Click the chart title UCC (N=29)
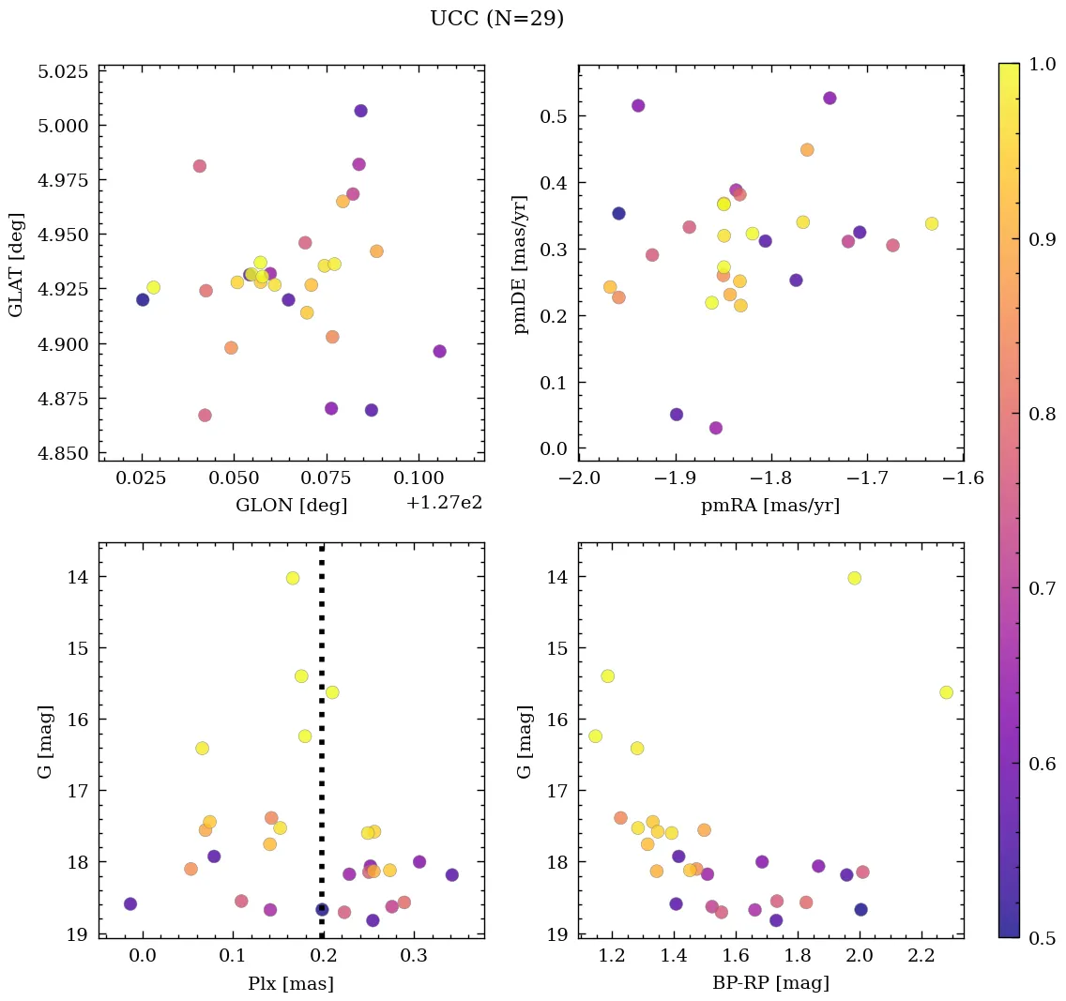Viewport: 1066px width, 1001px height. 496,19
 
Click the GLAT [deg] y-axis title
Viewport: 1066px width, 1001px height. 16,265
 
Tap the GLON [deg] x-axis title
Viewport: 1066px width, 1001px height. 291,506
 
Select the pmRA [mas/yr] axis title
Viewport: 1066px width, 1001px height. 769,506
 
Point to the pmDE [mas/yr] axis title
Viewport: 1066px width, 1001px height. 521,265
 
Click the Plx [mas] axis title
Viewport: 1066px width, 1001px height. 291,983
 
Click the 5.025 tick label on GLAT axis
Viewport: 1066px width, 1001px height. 63,71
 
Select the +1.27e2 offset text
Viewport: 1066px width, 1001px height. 444,503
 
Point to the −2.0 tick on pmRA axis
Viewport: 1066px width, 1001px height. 578,478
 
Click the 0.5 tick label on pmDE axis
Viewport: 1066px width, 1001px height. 557,116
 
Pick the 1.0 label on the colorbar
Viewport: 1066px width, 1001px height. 1042,63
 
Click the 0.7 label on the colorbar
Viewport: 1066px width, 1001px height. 1042,587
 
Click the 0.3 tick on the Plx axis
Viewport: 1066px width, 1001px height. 413,956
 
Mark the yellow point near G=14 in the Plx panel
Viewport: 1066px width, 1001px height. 293,578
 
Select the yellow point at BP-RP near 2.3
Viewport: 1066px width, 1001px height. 946,692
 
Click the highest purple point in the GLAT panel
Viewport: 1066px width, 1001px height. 360,111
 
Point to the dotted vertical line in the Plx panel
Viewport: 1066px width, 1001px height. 322,751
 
